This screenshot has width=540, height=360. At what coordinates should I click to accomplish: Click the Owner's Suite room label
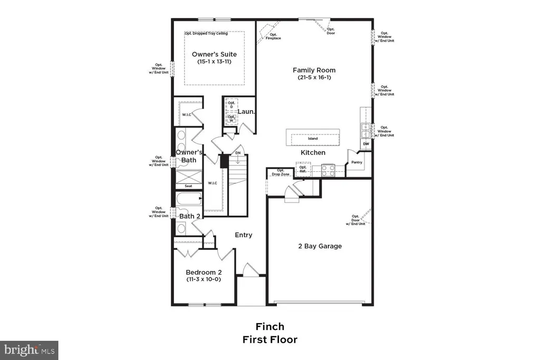(x=214, y=54)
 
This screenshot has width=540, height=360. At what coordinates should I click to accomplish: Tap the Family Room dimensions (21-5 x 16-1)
(x=314, y=78)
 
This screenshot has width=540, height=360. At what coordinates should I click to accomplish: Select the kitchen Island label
(x=313, y=139)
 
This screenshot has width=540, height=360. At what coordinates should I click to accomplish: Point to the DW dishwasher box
(x=366, y=144)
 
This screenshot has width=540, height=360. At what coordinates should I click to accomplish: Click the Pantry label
(x=357, y=162)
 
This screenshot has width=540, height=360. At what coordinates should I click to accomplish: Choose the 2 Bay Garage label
(x=320, y=246)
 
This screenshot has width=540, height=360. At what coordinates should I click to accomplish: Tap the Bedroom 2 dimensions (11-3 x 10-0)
(x=203, y=279)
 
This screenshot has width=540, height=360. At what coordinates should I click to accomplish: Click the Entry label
(x=244, y=235)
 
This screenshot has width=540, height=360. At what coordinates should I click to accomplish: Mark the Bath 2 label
(x=190, y=216)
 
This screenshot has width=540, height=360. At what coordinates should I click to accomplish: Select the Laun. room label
(x=246, y=112)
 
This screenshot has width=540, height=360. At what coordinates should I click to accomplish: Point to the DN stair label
(x=238, y=153)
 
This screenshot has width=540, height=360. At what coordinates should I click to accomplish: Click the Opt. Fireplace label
(x=273, y=36)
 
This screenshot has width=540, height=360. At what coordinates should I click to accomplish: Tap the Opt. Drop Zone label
(x=281, y=172)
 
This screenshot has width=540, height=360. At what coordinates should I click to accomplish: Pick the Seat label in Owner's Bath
(x=188, y=186)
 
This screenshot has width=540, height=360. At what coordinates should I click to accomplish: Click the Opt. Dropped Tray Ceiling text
(x=214, y=34)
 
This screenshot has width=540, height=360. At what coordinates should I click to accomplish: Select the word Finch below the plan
(x=269, y=327)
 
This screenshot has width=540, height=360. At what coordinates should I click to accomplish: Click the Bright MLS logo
(x=29, y=349)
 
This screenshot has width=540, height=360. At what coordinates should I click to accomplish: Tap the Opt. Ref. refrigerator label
(x=303, y=169)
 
